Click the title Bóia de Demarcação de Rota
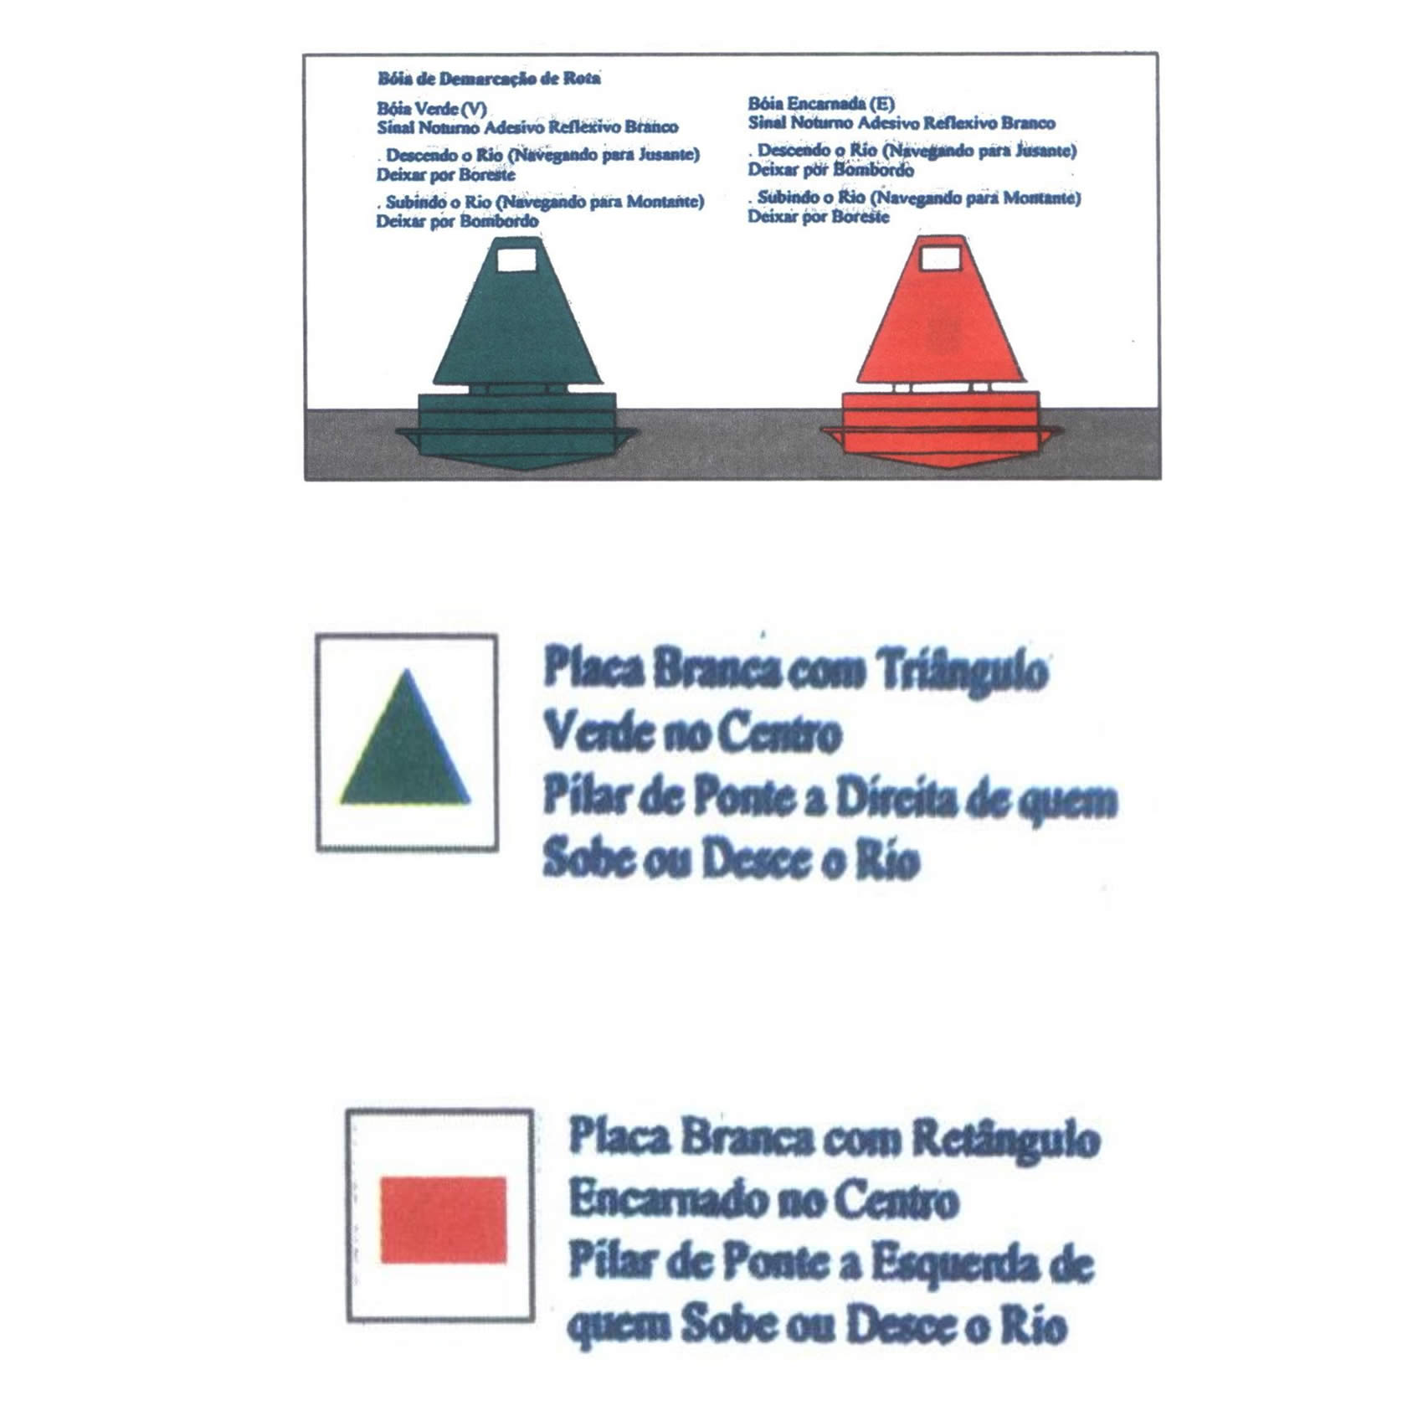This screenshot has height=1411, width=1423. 489,79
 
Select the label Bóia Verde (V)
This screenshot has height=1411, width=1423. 431,110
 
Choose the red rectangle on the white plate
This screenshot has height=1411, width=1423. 444,1219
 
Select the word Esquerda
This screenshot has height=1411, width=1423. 951,1264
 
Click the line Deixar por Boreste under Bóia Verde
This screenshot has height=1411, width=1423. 445,175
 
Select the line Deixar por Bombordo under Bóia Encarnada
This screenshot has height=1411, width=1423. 830,170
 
